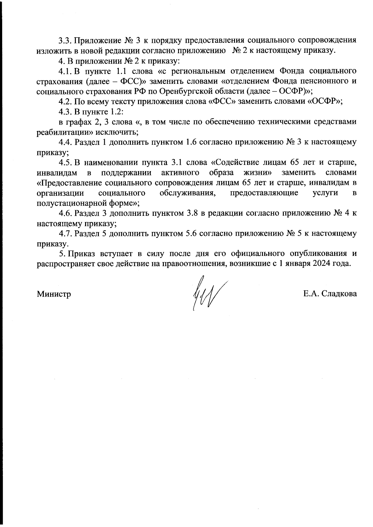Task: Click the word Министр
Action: pos(54,294)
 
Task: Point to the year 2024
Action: pos(326,264)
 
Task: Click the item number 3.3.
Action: pos(65,41)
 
